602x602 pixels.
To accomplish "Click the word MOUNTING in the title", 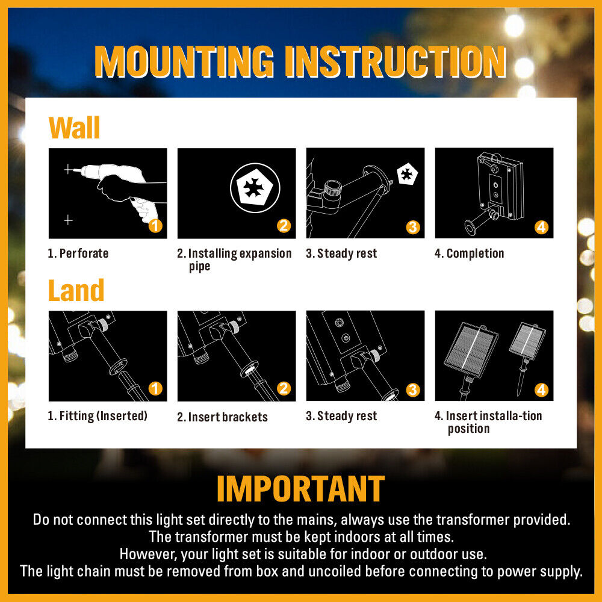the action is click(184, 61).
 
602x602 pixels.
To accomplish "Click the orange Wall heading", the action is click(74, 128).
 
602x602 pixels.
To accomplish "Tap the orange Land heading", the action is click(76, 290).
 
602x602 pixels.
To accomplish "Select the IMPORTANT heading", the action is click(300, 488).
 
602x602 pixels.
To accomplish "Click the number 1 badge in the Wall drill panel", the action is click(155, 226).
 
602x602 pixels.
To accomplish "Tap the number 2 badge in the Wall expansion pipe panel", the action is click(284, 226).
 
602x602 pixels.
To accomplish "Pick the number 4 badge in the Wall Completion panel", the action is click(541, 228).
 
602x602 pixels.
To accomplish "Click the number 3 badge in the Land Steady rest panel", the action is click(413, 390).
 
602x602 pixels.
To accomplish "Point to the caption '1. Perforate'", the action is click(78, 253).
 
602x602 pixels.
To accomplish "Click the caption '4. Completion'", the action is click(469, 253).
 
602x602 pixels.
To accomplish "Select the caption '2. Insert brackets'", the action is click(222, 417).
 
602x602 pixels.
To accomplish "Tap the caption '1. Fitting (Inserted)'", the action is click(98, 416).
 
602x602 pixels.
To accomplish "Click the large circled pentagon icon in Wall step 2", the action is click(255, 188).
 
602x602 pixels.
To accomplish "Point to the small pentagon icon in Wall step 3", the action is click(407, 174).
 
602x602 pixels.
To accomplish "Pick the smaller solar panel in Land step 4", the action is click(527, 341).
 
